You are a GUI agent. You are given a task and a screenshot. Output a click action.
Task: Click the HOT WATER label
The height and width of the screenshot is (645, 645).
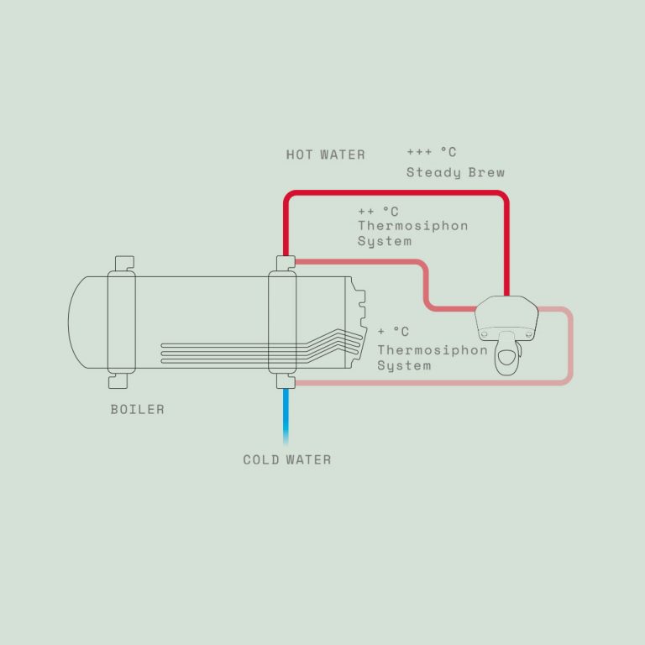click(x=325, y=155)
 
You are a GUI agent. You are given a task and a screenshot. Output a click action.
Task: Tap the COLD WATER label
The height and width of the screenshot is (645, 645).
click(x=287, y=459)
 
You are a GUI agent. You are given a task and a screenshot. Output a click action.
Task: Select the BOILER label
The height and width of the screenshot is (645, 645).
click(x=138, y=409)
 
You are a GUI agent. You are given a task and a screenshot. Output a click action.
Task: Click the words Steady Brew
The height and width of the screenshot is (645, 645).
click(x=455, y=172)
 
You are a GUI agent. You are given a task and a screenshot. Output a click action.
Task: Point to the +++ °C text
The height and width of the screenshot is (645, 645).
click(x=432, y=152)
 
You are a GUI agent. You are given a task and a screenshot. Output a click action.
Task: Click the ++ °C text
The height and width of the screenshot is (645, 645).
click(x=378, y=212)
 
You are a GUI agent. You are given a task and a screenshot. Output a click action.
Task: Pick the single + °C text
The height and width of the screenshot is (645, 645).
click(x=393, y=331)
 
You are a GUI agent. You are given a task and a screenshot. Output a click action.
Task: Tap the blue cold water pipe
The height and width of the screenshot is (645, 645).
click(x=286, y=417)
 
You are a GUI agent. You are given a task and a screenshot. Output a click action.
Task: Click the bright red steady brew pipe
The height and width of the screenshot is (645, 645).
click(x=396, y=193)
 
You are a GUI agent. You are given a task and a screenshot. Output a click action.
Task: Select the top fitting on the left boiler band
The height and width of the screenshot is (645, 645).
click(x=124, y=263)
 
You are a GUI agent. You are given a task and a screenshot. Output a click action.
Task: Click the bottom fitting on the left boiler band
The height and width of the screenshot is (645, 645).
click(x=118, y=381)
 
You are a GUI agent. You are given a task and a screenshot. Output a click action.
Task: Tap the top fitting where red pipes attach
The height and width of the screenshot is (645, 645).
click(x=286, y=263)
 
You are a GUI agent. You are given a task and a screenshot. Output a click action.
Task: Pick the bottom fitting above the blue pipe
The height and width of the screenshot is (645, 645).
click(x=286, y=381)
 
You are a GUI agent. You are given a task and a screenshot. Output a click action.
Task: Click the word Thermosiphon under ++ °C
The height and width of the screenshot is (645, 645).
click(x=412, y=226)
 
